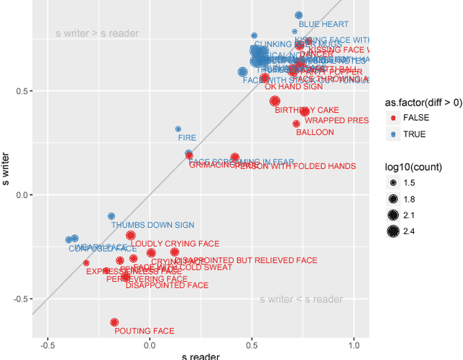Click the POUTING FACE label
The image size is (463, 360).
[144, 331]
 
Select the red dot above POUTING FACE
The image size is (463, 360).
[114, 322]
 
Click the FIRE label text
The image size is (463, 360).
[187, 137]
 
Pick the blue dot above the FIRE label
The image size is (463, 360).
[178, 129]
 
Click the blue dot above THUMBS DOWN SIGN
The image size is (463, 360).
[111, 216]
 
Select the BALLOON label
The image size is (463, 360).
[315, 133]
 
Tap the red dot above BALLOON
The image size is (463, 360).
[296, 124]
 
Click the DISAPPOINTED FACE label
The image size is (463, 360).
[166, 286]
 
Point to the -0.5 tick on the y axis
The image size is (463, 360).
[16, 299]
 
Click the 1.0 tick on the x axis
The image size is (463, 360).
[354, 345]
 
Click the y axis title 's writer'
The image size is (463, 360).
[7, 169]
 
